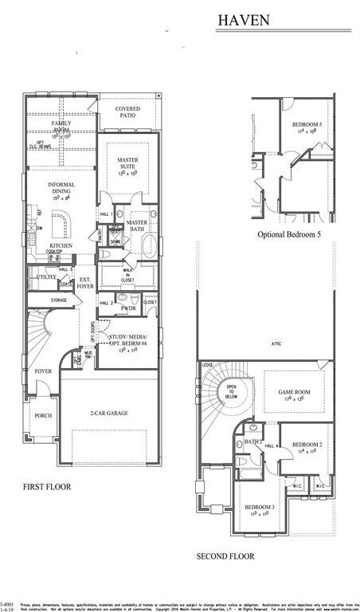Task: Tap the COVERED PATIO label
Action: coord(127,112)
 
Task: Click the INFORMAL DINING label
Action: coord(61,189)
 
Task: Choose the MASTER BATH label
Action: coord(137,226)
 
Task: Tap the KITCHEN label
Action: coord(61,245)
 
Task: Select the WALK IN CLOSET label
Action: coord(127,274)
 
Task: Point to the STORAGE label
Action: coord(59,300)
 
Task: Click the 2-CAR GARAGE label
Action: coord(108,413)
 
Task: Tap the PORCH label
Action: coord(42,416)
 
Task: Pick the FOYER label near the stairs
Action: coord(42,371)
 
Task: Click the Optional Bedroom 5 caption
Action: coord(289,235)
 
